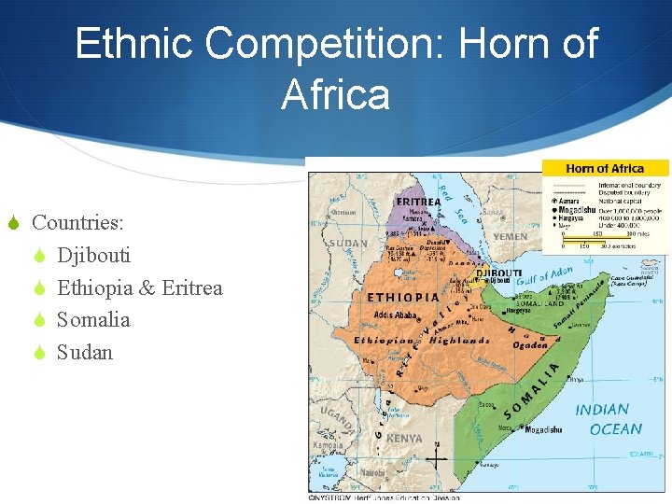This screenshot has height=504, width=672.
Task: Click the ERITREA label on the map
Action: tap(418, 201)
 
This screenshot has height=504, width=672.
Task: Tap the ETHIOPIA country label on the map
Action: tap(403, 297)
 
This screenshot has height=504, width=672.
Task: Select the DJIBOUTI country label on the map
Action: tap(499, 273)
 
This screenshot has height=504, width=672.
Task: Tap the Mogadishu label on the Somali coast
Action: tap(544, 430)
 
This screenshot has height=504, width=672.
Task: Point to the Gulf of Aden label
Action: tap(549, 276)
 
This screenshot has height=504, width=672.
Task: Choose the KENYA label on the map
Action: tap(404, 438)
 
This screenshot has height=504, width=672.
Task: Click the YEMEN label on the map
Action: tap(511, 237)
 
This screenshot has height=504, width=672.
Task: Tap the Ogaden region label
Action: tap(530, 344)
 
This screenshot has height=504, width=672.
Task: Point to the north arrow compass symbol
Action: tap(437, 459)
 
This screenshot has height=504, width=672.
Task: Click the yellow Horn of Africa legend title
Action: tap(605, 169)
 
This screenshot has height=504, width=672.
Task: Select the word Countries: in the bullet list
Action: tap(78, 223)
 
